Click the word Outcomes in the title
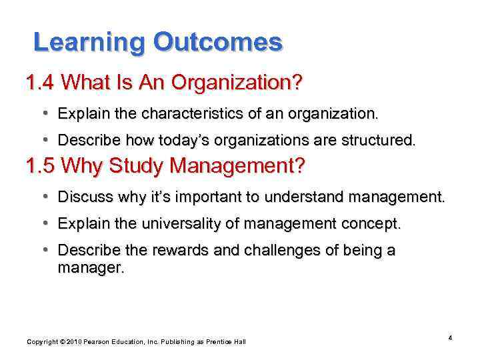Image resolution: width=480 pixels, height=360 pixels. [x=217, y=43]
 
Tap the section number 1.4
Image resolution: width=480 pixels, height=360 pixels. [x=41, y=83]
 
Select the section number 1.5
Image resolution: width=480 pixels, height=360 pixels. [x=41, y=166]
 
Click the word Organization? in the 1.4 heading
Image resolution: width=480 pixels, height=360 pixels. [x=237, y=83]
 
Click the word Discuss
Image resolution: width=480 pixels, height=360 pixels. [x=81, y=197]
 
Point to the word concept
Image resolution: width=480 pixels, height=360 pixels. [x=375, y=223]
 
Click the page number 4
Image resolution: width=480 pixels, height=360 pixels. [x=450, y=338]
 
